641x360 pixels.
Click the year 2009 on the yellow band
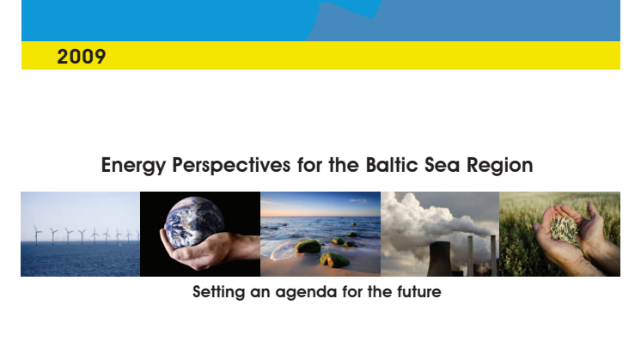click(82, 57)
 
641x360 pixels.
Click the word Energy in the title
click(133, 166)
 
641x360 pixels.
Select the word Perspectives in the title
click(231, 166)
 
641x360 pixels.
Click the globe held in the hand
click(194, 223)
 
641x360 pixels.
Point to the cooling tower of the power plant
click(440, 259)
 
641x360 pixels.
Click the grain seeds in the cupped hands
click(565, 231)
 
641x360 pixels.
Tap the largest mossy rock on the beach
click(308, 247)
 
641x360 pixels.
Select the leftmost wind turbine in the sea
click(37, 235)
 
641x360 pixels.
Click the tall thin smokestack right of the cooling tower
click(470, 255)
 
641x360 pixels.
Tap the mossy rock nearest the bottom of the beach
click(335, 259)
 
